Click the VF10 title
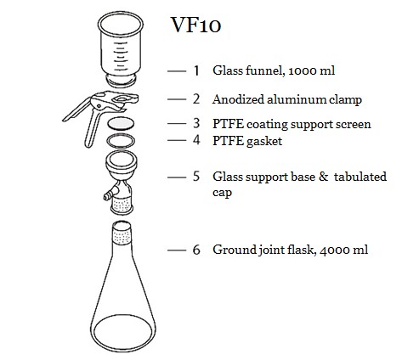point(195,25)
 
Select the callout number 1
point(196,70)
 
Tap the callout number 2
point(196,99)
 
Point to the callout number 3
point(196,123)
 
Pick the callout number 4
point(196,140)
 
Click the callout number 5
point(196,176)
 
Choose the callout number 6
point(196,250)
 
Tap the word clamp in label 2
point(345,100)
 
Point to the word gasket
point(264,142)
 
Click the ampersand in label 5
point(323,177)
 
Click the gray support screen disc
point(121,124)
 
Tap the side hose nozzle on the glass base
point(109,195)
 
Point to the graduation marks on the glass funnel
point(120,57)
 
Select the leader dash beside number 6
point(177,250)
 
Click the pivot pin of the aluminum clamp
point(99,106)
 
